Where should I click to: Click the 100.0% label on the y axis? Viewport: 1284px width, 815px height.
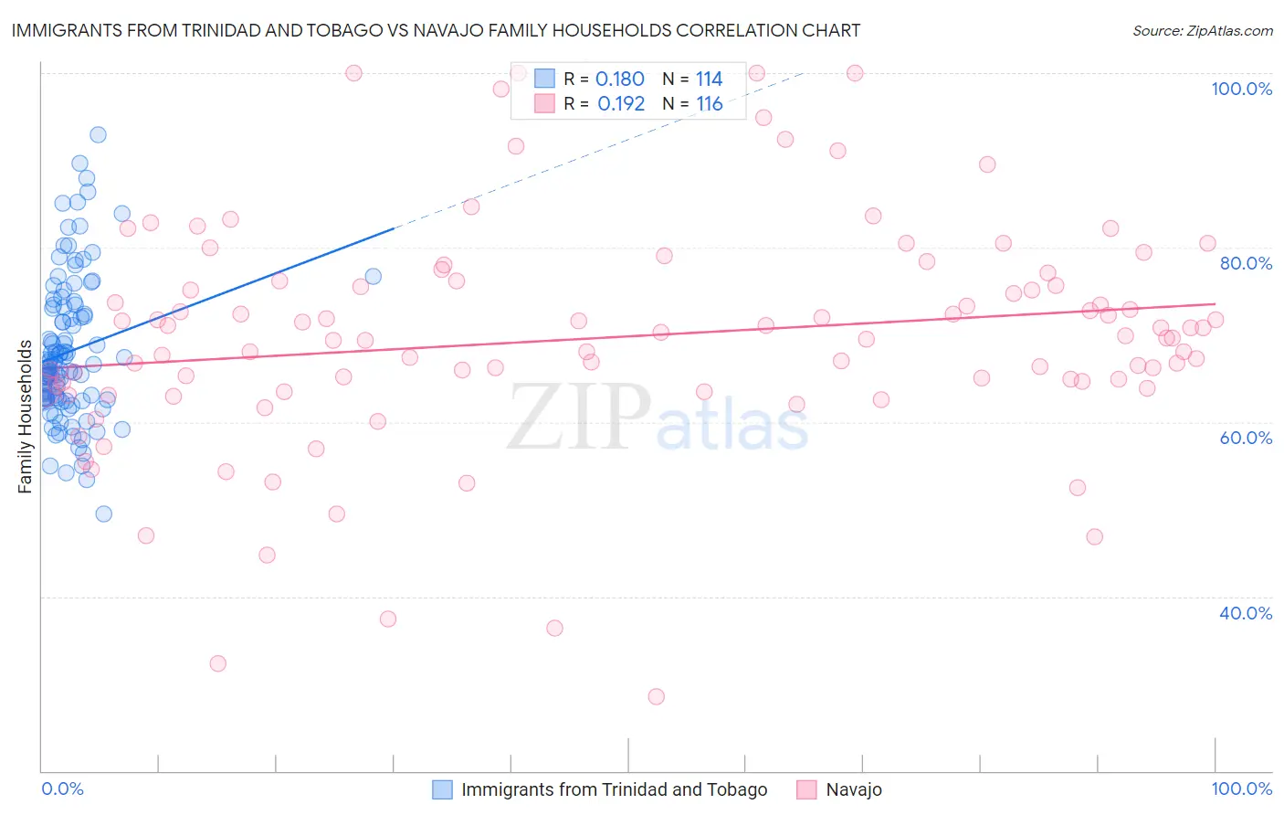click(1241, 89)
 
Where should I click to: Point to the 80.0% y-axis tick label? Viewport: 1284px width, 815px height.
click(1246, 263)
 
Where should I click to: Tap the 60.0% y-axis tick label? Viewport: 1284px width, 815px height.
click(1246, 438)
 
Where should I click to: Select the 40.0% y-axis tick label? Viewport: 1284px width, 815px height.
click(1246, 613)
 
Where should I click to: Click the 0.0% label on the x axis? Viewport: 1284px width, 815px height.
click(62, 789)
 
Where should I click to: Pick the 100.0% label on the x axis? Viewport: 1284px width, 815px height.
click(1241, 789)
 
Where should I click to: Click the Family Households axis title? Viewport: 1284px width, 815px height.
click(25, 417)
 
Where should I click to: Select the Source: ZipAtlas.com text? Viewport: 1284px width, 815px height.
click(1202, 30)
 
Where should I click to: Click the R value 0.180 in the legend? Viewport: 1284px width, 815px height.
click(620, 79)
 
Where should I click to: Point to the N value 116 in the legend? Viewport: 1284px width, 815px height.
click(710, 104)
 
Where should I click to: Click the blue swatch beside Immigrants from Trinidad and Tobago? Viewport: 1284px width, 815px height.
click(442, 789)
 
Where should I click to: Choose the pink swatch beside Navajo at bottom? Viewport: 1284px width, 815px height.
click(806, 789)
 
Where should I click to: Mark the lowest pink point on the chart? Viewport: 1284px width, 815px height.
click(656, 696)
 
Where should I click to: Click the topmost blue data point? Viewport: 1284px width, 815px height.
click(98, 134)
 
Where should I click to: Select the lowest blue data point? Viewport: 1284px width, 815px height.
click(104, 513)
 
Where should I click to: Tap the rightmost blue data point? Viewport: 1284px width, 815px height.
click(373, 276)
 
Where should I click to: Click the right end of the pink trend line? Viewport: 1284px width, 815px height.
click(1216, 303)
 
